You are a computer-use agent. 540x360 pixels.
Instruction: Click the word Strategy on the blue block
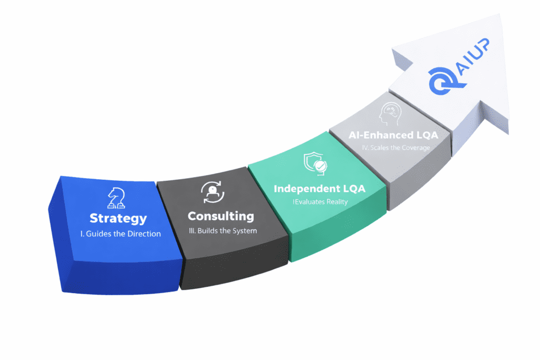118,218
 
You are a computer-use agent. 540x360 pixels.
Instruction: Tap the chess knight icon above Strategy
117,198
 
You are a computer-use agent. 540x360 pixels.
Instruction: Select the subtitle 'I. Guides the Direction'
121,233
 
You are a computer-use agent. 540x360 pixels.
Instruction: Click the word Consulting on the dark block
220,216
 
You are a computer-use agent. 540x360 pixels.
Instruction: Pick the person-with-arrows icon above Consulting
213,192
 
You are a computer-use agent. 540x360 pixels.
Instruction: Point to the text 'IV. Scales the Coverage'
395,148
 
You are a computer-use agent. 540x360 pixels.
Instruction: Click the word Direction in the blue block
144,233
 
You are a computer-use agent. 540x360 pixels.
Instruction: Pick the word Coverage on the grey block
415,148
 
